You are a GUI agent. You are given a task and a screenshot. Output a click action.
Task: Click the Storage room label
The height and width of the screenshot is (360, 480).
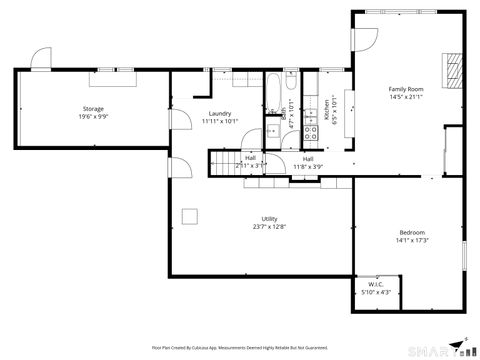pyautogui.click(x=93, y=108)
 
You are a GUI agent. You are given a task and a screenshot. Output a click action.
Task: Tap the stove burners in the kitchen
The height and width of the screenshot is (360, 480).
pyautogui.click(x=310, y=129)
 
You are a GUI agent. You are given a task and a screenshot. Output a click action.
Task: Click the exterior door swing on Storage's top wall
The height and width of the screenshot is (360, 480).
pyautogui.click(x=41, y=59)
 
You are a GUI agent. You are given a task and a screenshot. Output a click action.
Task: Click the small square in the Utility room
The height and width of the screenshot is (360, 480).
pyautogui.click(x=189, y=213)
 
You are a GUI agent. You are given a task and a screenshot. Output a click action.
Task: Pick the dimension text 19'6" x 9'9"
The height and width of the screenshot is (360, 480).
pyautogui.click(x=93, y=116)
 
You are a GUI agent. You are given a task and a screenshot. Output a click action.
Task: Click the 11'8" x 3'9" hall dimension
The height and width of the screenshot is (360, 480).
pyautogui.click(x=308, y=166)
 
